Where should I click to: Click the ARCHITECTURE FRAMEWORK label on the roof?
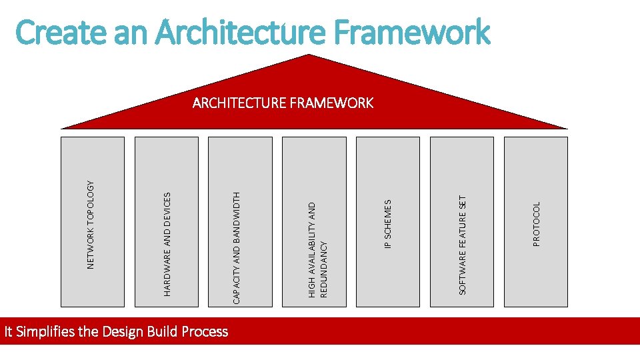pos(283,103)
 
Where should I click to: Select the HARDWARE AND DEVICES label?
pos(167,244)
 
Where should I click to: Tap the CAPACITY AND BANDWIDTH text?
pos(237,248)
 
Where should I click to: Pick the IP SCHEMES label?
pos(388,223)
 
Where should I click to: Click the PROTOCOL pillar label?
pos(537,224)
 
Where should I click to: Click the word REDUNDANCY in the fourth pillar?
pos(324,269)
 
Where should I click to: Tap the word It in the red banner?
pos(9,331)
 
